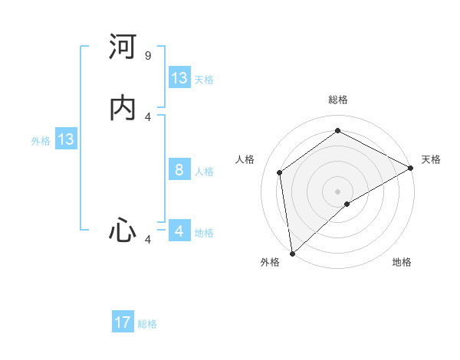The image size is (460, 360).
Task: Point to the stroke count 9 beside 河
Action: click(148, 56)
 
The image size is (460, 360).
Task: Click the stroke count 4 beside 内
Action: click(148, 116)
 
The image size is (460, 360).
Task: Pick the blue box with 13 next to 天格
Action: click(179, 78)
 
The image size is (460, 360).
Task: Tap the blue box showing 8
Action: click(179, 170)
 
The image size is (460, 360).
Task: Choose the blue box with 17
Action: click(123, 322)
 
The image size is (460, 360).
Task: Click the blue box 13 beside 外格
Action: click(66, 139)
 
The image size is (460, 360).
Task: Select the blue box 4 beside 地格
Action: click(179, 231)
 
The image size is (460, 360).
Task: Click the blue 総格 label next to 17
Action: click(147, 324)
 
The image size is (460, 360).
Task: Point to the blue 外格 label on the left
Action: click(41, 141)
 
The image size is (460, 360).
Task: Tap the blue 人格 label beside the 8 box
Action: click(205, 172)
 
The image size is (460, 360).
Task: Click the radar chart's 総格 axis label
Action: click(338, 100)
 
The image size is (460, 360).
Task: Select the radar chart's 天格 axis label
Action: click(431, 159)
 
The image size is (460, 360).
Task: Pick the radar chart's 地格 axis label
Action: click(402, 262)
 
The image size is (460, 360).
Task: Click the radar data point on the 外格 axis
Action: click(292, 254)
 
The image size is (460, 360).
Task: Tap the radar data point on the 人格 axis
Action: click(280, 172)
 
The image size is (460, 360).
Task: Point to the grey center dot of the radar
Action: click(338, 191)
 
